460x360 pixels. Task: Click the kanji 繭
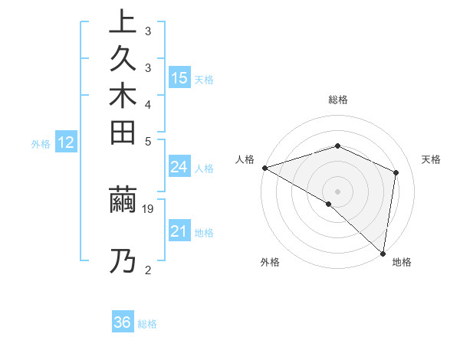[122, 201]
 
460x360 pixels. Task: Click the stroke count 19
[148, 208]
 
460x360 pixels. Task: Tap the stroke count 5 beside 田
[148, 141]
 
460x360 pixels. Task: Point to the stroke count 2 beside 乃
[148, 270]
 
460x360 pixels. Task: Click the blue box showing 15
[179, 78]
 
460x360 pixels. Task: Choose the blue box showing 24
[179, 168]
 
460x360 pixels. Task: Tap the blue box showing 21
[179, 232]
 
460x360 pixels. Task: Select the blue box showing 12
[67, 142]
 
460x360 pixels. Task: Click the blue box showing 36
[123, 322]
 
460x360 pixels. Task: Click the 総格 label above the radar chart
[338, 100]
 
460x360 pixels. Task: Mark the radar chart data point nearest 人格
[264, 167]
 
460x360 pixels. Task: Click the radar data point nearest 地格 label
[383, 252]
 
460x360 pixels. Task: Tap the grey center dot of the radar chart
[337, 191]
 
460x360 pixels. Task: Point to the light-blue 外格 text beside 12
[41, 143]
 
